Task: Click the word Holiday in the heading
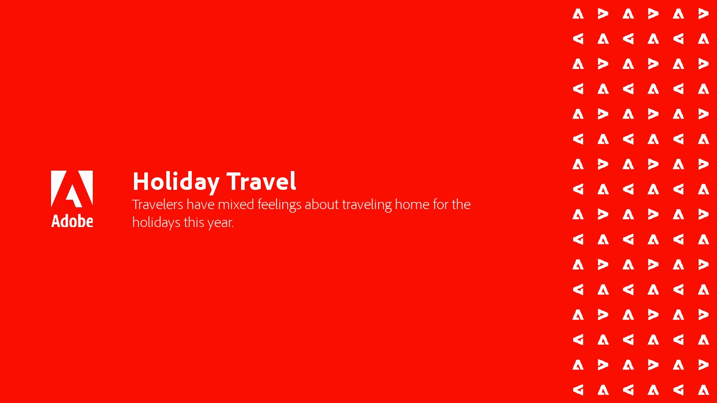176,182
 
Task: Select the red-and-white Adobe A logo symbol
72,189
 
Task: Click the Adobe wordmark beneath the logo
72,221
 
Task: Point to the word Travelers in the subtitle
157,204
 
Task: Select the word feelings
280,205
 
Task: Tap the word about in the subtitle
321,204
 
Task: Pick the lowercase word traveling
367,205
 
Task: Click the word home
412,204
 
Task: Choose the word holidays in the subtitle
156,223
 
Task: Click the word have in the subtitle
200,204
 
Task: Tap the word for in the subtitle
441,204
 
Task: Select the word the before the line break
461,204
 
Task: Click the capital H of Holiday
141,181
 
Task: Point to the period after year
233,227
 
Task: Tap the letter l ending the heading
294,181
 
